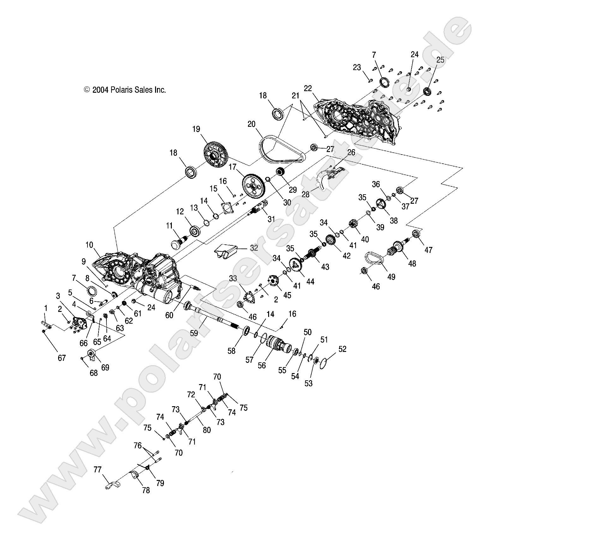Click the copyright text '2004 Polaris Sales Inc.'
pos(125,90)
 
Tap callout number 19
pos(196,129)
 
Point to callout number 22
pos(308,89)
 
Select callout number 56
pos(262,365)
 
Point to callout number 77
pos(98,478)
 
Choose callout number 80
pos(207,430)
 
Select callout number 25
pos(440,60)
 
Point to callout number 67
pos(62,358)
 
